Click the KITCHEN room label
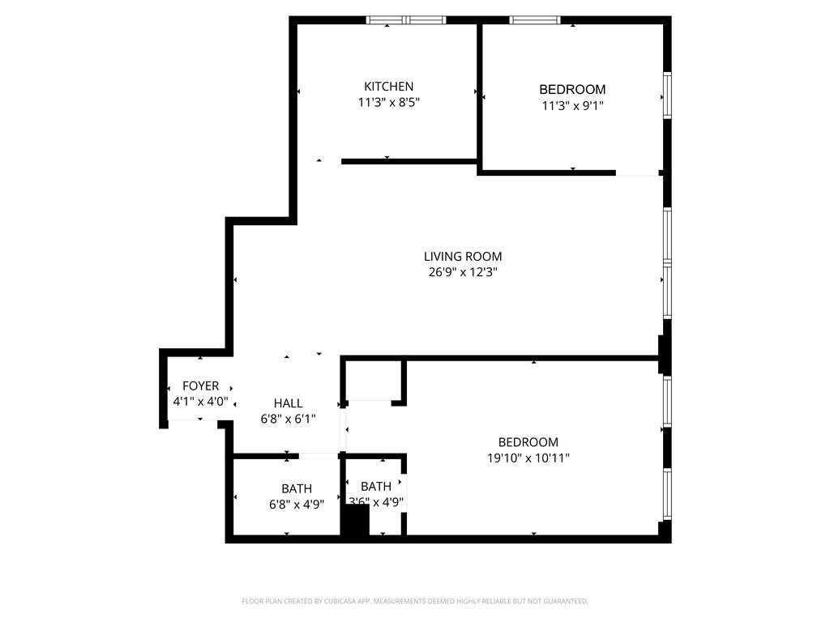388,87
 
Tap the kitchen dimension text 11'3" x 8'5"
388,103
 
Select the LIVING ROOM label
462,257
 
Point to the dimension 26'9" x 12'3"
462,273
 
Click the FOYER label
200,386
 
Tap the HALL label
288,403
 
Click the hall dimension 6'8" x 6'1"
288,419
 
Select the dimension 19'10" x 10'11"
528,458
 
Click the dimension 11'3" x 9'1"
572,105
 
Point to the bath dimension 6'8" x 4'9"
297,504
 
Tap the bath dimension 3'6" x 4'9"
375,502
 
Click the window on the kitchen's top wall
406,19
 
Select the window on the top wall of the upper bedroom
535,19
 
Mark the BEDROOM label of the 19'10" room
528,442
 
